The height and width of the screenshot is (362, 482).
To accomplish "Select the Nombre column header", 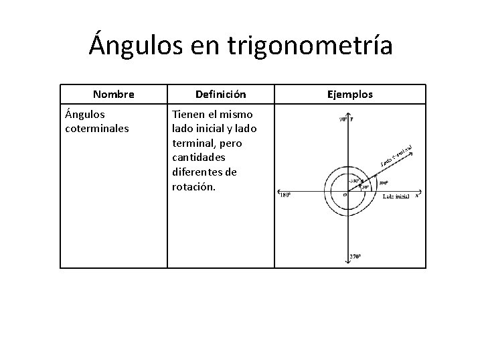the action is click(114, 94).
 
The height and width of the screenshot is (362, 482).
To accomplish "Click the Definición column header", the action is click(221, 94).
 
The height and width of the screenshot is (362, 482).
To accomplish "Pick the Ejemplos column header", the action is click(350, 94).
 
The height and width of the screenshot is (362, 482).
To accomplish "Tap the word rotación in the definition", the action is click(194, 186).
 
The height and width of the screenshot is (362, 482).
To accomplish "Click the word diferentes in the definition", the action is click(197, 172).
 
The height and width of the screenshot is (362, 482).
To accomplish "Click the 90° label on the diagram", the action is click(342, 119).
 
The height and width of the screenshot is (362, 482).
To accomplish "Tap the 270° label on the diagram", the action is click(355, 257).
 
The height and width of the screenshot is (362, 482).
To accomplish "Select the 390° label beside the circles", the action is click(384, 182).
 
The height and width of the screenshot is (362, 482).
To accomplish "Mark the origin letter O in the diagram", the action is click(345, 195).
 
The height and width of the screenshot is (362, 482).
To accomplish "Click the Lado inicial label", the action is click(396, 197).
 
